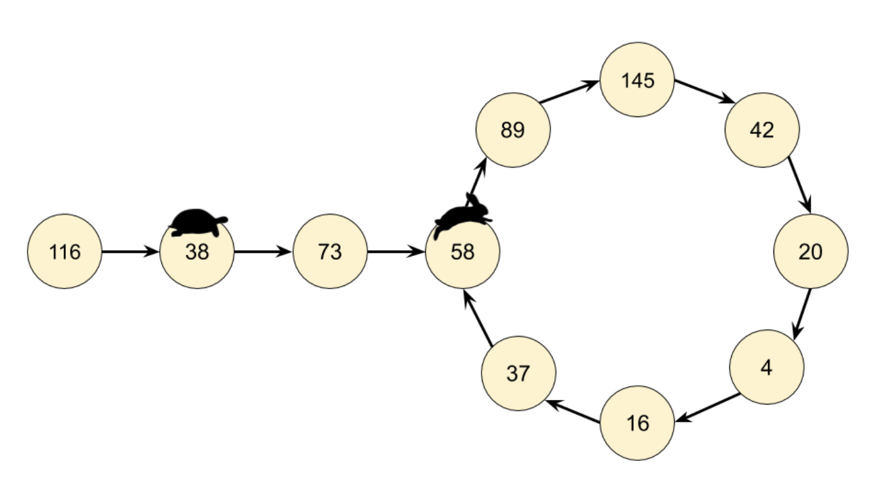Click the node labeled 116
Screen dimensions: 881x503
pos(65,251)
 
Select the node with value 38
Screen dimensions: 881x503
pos(197,251)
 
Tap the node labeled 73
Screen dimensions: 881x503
pos(330,251)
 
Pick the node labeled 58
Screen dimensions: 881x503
pos(462,251)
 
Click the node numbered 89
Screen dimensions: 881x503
pos(513,130)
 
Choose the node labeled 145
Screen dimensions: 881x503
pos(637,80)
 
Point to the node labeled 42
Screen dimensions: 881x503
pos(762,130)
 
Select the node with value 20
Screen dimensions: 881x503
pos(811,251)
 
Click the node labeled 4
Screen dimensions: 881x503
pos(767,367)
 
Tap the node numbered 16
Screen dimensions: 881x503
pos(637,423)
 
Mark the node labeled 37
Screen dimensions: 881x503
pos(519,373)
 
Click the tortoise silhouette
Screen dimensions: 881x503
pos(198,223)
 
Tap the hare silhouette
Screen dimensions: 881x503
pos(462,216)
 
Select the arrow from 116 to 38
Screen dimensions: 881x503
pos(131,251)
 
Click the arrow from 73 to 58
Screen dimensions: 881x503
pos(396,251)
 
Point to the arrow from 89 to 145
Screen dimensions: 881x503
pos(569,92)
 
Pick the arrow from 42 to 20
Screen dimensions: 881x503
pos(800,185)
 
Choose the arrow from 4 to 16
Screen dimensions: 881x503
pos(707,408)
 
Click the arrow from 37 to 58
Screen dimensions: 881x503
pos(478,318)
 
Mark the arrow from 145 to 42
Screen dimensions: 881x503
pos(705,92)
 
